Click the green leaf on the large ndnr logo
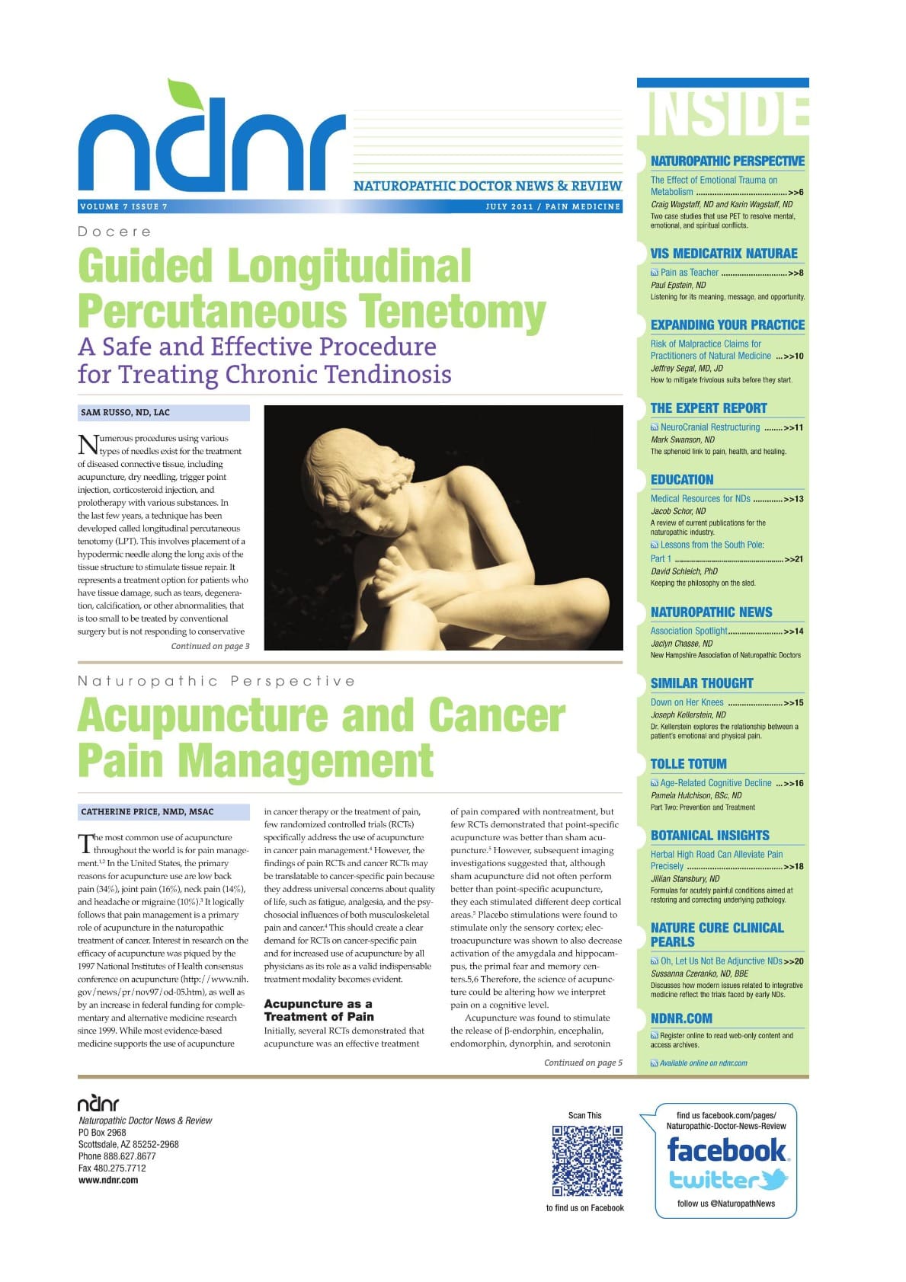[x=182, y=94]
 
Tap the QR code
[x=587, y=1161]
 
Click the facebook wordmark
[x=725, y=1149]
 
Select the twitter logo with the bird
[x=728, y=1180]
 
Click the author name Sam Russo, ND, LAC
[x=126, y=413]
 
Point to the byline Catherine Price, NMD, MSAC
[x=147, y=812]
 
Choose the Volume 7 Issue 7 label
[x=123, y=206]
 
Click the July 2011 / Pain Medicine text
[x=552, y=206]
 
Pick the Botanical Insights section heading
[x=709, y=836]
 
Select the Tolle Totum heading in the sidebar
[x=688, y=764]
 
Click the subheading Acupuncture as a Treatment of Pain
[x=319, y=1010]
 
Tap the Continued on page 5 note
[x=583, y=1063]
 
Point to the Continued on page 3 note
[x=210, y=646]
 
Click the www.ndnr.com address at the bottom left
[x=108, y=1180]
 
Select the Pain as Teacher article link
[x=689, y=273]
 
